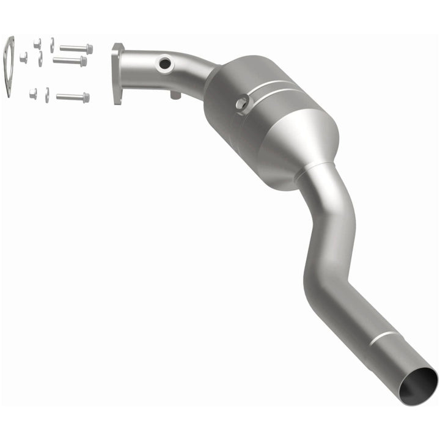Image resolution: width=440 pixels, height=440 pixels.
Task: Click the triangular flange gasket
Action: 9,66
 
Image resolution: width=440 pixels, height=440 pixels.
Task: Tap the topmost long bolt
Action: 77,48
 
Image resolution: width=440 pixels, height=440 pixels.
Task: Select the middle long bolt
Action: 70,61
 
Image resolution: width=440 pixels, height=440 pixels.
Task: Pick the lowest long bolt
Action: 73,97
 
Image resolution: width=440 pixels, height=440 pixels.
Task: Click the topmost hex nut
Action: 37,43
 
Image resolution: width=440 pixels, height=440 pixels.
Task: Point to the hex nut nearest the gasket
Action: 23,57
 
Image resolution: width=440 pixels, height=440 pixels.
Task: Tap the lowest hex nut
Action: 33,94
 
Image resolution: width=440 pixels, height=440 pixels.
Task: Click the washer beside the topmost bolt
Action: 52,45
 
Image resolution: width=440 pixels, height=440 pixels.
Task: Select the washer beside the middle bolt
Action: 40,59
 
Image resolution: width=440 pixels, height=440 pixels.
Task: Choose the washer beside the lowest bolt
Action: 47,95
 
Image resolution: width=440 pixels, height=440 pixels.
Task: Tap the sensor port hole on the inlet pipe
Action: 163,63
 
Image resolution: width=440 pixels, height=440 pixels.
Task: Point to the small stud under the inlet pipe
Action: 175,95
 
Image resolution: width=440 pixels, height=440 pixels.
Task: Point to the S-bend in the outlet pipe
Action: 330,244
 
